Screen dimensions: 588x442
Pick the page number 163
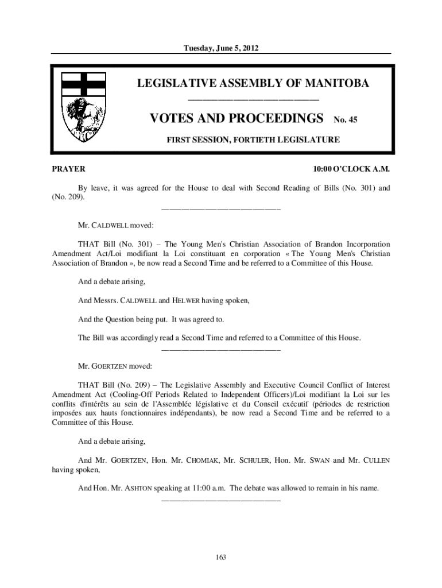coord(220,556)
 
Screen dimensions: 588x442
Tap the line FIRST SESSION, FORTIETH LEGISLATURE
coord(253,140)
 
